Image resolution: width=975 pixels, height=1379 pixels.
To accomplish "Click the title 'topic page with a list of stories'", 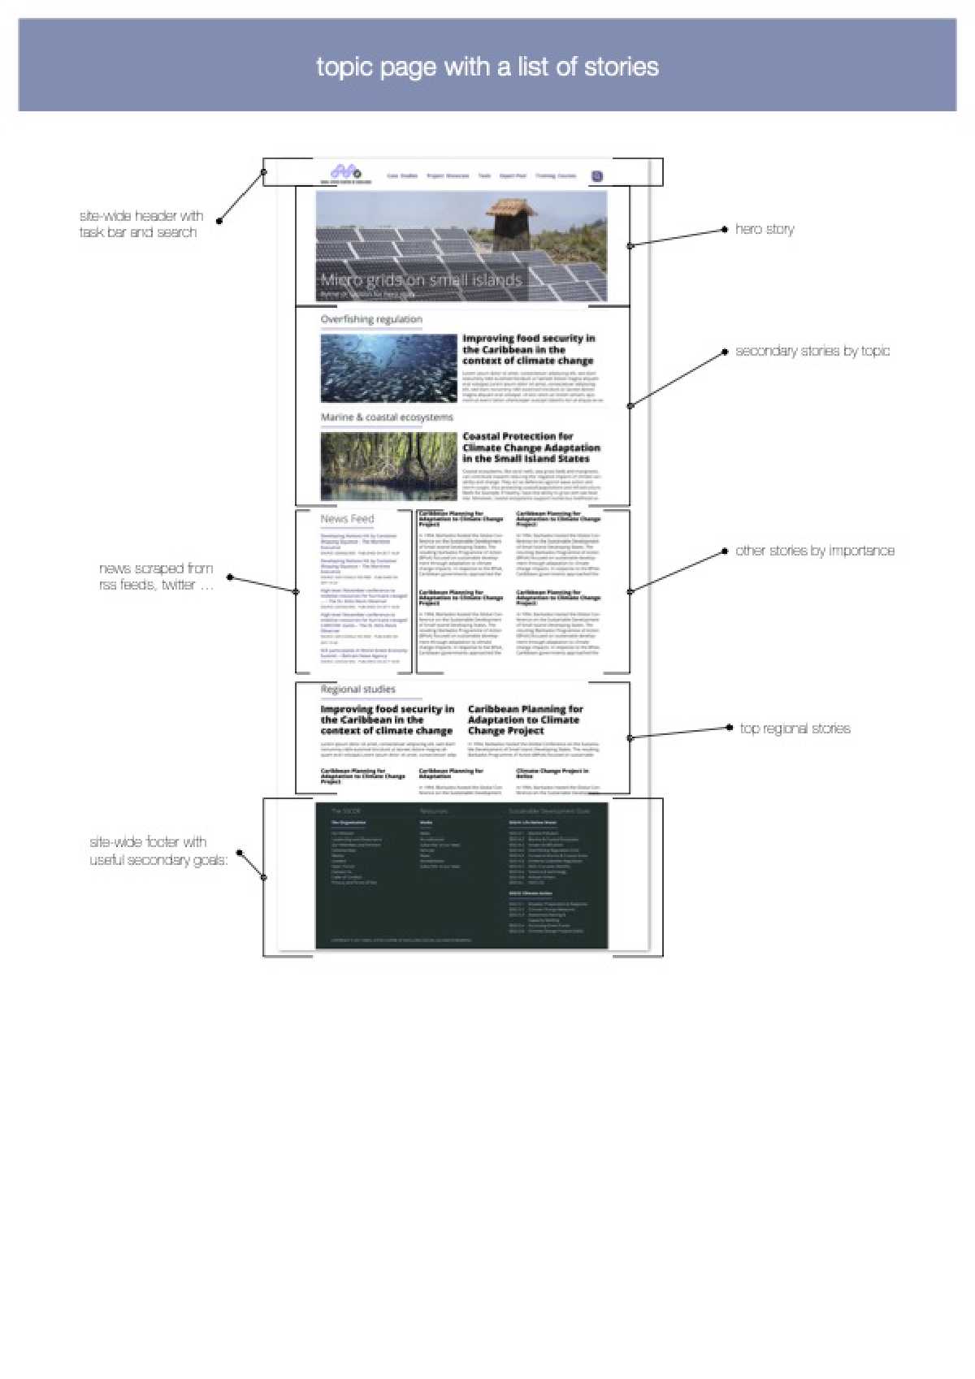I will (x=487, y=67).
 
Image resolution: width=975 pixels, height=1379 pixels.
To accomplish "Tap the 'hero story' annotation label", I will (x=765, y=229).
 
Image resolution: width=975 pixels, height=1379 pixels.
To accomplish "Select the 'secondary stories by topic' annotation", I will (x=812, y=351).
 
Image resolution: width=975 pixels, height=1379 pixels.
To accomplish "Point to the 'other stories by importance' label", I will (x=815, y=551).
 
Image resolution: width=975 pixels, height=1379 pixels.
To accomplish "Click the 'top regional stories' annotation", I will (x=795, y=728).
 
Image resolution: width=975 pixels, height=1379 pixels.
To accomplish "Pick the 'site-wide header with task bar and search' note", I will (x=140, y=224).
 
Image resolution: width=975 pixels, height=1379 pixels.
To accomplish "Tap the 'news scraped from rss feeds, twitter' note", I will (x=156, y=577).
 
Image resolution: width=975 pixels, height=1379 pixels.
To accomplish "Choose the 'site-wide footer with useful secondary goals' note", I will (x=158, y=851).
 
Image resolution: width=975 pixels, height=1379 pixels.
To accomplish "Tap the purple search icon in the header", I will (x=597, y=176).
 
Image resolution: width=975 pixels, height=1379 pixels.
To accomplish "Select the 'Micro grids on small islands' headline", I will (x=421, y=280).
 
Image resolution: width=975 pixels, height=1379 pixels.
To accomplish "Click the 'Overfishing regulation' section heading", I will (x=371, y=319).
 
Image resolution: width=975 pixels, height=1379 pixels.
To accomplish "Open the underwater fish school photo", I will (x=388, y=368).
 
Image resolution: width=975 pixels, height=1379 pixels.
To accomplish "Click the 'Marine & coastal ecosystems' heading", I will (x=387, y=417).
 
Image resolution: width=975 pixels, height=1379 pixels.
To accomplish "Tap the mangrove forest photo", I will (x=388, y=465).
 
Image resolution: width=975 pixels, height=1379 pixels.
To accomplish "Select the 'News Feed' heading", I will (x=347, y=519).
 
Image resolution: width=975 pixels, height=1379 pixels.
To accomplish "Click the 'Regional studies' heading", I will (x=358, y=689).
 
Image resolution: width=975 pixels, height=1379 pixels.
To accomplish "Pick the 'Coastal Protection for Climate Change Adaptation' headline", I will (x=531, y=447).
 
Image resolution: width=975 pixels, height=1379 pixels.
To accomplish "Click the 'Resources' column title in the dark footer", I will (x=434, y=811).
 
